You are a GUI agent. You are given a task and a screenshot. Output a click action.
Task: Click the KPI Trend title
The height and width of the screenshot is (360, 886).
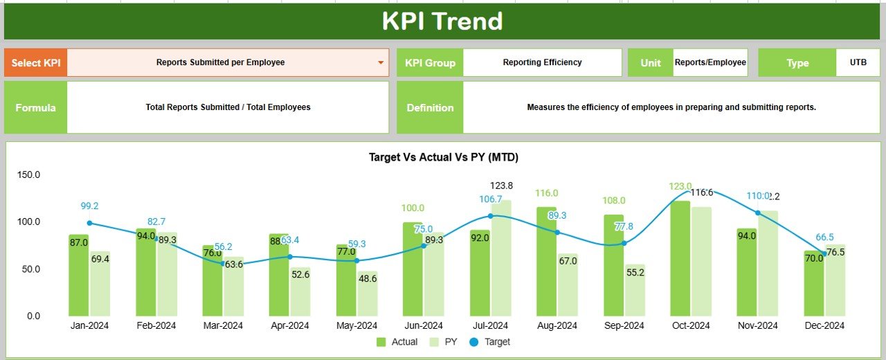[442, 21]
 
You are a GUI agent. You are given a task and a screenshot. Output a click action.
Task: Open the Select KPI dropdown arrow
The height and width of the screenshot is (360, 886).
[381, 62]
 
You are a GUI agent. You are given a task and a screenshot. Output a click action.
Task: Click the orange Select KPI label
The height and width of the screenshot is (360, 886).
[36, 62]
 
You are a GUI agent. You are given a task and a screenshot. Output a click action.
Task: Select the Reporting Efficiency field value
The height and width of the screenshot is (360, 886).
[542, 62]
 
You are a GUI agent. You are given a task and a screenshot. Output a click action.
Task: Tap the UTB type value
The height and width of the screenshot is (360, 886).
[858, 62]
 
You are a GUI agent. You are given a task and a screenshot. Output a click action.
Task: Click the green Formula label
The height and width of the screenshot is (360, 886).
[36, 107]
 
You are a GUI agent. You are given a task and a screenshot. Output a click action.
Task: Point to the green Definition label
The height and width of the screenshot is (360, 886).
[430, 107]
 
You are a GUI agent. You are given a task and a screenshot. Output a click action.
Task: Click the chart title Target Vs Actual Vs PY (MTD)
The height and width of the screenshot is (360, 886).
[444, 157]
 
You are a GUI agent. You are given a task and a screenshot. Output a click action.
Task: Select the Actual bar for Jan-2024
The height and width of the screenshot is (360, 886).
[78, 277]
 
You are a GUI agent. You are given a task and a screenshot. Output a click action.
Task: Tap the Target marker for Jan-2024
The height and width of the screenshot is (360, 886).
[89, 223]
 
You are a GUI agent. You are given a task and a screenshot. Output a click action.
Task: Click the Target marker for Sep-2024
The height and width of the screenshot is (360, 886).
[624, 243]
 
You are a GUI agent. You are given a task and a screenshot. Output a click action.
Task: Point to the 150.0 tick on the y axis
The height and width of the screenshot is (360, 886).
[28, 174]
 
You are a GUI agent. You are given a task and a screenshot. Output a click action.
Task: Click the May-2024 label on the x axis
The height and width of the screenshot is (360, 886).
[356, 325]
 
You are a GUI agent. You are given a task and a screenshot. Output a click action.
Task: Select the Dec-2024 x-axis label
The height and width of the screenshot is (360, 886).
[824, 325]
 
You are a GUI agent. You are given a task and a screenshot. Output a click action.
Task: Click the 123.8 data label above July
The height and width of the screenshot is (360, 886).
[501, 186]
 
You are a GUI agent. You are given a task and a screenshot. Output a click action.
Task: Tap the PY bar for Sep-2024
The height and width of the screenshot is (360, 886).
[635, 291]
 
